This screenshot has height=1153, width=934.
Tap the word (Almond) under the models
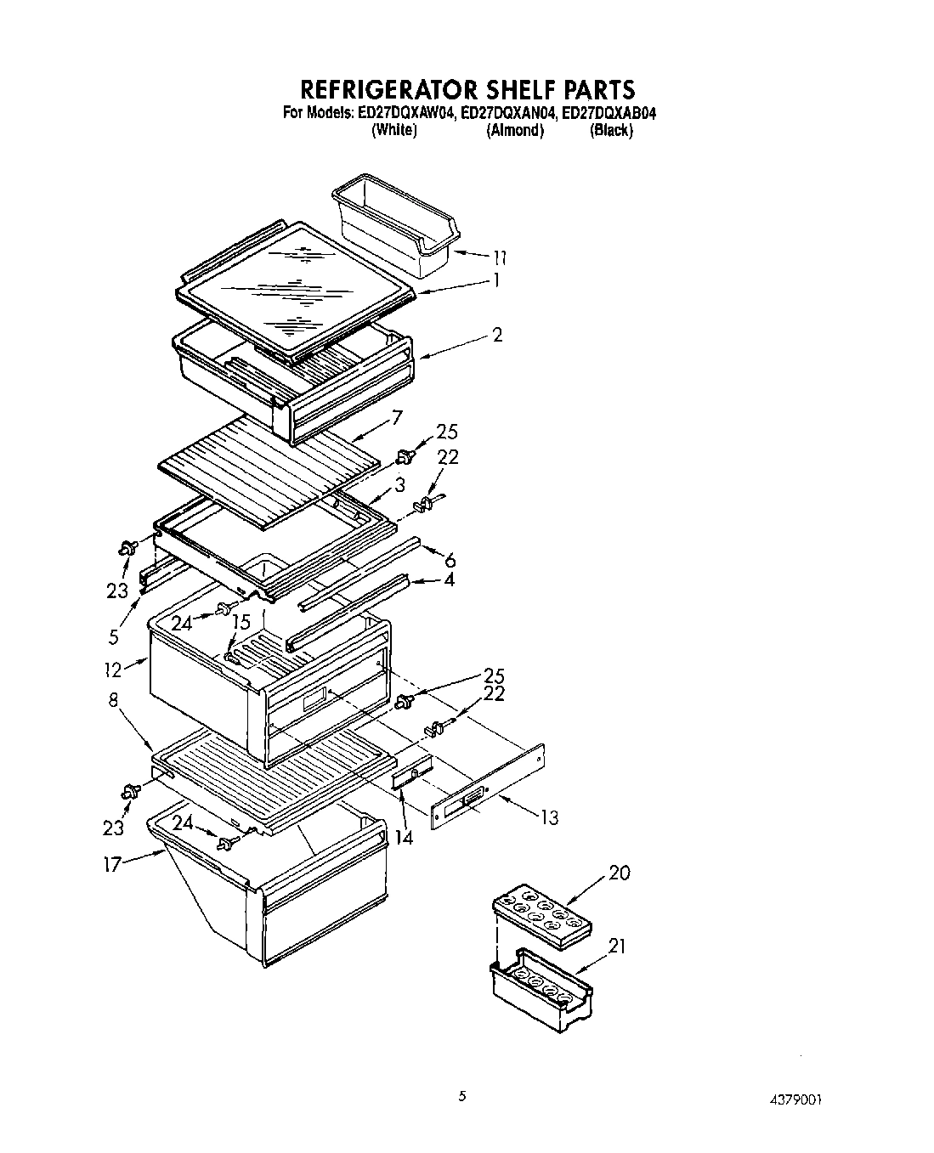tap(514, 130)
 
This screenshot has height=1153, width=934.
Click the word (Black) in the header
tap(611, 130)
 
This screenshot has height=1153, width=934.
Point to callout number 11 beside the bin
tap(499, 256)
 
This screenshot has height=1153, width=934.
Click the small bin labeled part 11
tap(393, 224)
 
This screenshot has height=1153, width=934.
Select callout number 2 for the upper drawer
tap(496, 335)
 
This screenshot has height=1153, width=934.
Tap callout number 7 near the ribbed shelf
tap(395, 417)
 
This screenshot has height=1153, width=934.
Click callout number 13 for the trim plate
tap(549, 817)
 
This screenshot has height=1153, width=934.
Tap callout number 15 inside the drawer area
tap(241, 622)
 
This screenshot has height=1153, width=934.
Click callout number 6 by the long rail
tap(450, 559)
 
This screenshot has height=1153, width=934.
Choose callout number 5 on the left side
tap(113, 637)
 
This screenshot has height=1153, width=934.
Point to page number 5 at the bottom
tap(462, 1096)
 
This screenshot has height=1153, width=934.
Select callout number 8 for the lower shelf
tap(114, 700)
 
